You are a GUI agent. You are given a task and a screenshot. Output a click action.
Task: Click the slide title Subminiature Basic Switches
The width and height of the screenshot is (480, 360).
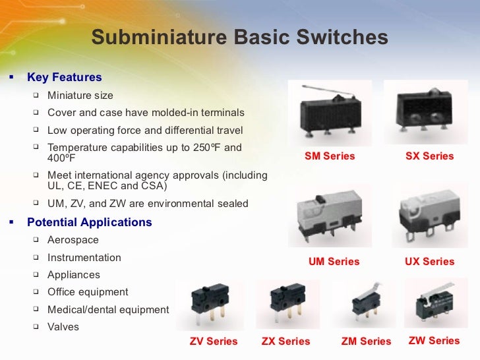(x=239, y=38)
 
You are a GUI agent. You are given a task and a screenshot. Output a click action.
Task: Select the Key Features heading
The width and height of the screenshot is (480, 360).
(x=65, y=78)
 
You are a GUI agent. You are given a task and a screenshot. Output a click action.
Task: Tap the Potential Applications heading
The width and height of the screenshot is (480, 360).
(x=90, y=222)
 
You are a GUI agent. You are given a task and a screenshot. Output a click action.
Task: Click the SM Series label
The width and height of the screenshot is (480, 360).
(x=330, y=156)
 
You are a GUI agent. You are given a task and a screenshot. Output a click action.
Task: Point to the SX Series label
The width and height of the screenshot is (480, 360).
(x=429, y=156)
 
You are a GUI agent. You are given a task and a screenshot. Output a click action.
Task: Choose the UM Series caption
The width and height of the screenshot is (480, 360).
(x=334, y=262)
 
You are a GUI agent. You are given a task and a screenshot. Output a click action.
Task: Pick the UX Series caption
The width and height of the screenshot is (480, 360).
(x=429, y=262)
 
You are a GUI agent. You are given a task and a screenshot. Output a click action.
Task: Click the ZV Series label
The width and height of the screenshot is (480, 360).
(x=214, y=342)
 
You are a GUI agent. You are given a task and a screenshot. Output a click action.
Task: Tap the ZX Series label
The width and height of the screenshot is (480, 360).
(x=285, y=342)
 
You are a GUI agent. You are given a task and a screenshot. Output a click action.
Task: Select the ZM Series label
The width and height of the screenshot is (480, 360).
(x=366, y=342)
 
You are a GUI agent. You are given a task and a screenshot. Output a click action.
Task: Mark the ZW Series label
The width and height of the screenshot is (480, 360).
(x=434, y=341)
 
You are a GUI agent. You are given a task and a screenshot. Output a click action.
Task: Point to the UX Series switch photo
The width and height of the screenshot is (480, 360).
(x=429, y=215)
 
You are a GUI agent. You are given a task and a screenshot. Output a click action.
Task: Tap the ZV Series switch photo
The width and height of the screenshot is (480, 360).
(x=210, y=307)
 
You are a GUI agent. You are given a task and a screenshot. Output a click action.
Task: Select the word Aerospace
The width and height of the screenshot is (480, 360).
(x=73, y=241)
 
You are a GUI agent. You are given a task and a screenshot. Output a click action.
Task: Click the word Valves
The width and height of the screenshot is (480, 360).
(x=63, y=326)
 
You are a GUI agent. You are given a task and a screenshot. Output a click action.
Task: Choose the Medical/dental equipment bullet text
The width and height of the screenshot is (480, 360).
(x=108, y=309)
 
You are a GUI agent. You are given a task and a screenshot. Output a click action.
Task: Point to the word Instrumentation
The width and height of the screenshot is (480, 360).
(x=84, y=258)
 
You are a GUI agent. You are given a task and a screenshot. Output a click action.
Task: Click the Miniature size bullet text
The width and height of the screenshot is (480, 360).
(x=80, y=96)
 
